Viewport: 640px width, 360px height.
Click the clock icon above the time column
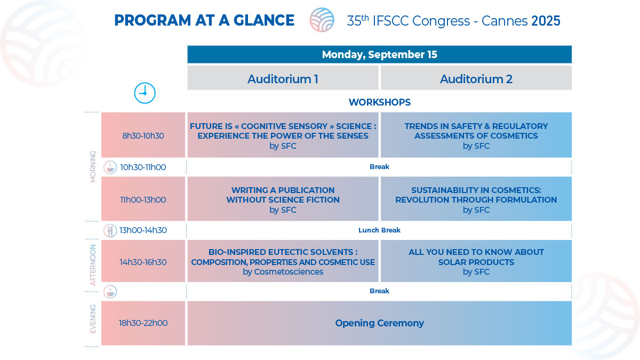145,93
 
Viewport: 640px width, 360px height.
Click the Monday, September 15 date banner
379,54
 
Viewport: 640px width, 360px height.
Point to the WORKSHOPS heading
379,102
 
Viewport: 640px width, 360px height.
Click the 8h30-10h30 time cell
143,135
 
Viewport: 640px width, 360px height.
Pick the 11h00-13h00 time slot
143,199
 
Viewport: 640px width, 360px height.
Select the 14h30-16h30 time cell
143,261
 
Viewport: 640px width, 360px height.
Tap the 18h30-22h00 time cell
143,323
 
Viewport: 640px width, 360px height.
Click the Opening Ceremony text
379,323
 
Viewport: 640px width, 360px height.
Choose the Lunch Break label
379,230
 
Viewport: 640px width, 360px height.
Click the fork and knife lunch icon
110,231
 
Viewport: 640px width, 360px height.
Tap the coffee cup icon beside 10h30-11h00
110,167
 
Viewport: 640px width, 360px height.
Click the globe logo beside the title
322,20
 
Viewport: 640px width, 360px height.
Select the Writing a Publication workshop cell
283,199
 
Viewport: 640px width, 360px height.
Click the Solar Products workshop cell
476,261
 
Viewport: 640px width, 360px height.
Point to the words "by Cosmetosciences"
283,271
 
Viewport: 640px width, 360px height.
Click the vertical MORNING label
93,166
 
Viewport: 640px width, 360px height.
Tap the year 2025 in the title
546,21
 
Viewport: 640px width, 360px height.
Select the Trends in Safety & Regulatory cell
476,135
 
